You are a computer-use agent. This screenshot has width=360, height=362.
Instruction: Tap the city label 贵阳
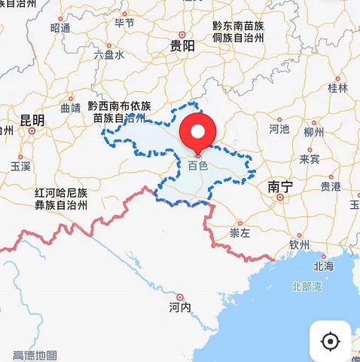point(182,46)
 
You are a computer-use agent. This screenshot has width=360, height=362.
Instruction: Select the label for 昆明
point(32,121)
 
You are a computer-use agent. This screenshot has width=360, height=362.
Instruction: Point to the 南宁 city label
point(279,186)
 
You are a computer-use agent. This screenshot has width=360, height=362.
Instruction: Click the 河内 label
point(179,307)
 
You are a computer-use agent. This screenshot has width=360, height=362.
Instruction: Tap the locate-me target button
point(330,341)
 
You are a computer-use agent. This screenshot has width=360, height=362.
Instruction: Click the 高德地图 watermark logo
point(35,354)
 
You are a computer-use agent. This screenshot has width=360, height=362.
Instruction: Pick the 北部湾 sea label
point(307,287)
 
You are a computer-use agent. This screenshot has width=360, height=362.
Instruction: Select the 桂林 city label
point(338,88)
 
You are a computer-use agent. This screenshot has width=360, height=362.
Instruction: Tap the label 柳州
point(313,132)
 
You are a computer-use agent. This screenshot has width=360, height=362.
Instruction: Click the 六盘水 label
point(108,55)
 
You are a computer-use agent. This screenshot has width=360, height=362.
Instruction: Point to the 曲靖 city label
point(70,108)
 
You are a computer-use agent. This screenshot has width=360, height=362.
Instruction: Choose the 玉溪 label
point(20,165)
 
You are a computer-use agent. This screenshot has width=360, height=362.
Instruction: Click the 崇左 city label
point(239,233)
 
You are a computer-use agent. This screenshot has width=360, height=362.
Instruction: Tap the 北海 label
point(324,266)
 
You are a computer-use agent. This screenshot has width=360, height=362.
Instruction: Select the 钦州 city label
point(299,244)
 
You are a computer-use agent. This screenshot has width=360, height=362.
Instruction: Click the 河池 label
point(279,129)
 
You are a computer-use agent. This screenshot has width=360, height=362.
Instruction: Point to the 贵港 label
point(330,186)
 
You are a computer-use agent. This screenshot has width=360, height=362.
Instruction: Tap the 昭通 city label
point(60,28)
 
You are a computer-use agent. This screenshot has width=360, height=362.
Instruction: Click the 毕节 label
point(124,23)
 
